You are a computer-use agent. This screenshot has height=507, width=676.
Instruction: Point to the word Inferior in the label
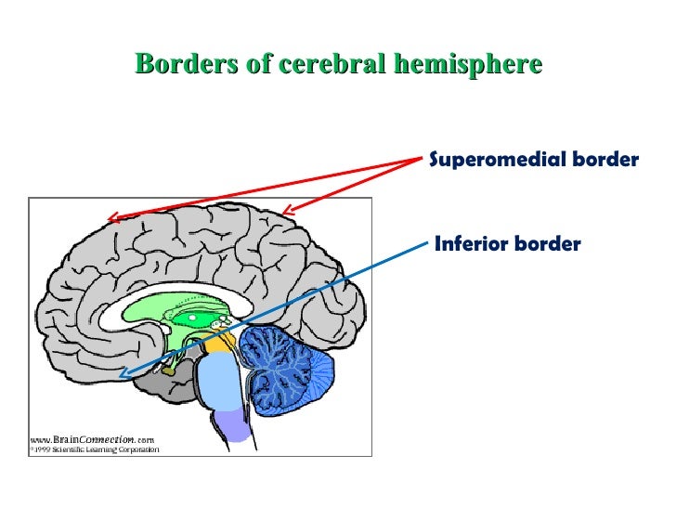tap(470, 244)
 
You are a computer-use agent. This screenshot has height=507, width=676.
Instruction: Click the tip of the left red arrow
tap(110, 220)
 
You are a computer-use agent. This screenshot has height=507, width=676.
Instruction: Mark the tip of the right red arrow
tap(285, 214)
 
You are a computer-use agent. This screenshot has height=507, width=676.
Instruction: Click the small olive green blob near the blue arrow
tap(168, 369)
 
